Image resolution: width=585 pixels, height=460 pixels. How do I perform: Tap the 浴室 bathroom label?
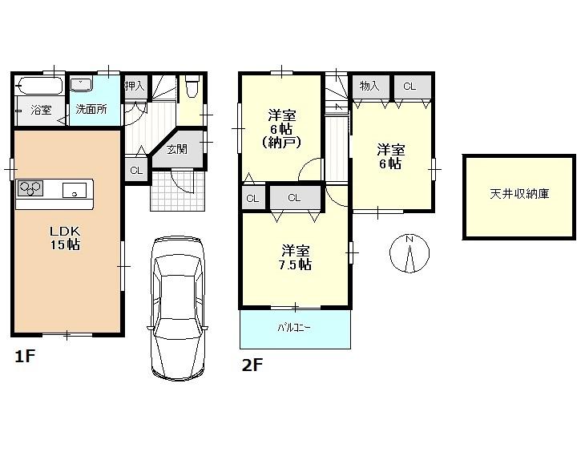[41, 110]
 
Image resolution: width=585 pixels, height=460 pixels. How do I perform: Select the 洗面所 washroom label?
[91, 110]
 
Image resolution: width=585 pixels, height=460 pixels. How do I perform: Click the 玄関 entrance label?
[177, 148]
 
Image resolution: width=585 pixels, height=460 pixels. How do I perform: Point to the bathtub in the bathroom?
[39, 85]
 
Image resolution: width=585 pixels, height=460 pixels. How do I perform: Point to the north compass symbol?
[409, 254]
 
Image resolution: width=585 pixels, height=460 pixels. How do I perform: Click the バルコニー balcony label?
[294, 329]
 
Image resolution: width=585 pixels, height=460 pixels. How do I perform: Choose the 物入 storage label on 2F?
[369, 87]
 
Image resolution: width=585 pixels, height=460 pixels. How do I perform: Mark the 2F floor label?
[252, 365]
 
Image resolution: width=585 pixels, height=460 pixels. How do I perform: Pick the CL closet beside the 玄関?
[136, 170]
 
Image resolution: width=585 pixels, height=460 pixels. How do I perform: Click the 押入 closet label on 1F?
[134, 85]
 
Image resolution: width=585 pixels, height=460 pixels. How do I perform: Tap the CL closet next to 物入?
[409, 87]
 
